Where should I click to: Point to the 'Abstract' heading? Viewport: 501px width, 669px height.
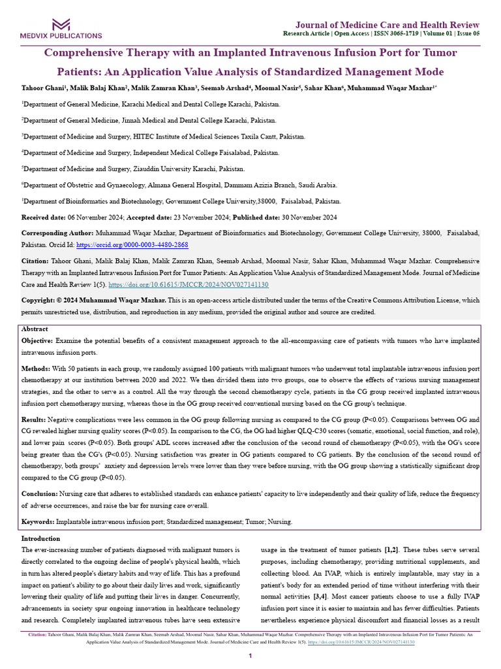click(x=35, y=329)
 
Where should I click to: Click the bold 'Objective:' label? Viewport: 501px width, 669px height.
click(x=37, y=341)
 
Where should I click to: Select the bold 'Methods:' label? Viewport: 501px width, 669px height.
click(x=36, y=369)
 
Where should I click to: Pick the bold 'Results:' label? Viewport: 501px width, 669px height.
click(x=35, y=419)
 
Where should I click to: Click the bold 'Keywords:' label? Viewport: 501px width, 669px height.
click(x=38, y=522)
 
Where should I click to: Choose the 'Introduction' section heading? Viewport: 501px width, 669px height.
click(x=40, y=538)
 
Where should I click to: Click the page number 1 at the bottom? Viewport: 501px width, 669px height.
click(x=250, y=655)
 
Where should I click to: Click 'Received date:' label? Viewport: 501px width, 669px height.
click(x=45, y=217)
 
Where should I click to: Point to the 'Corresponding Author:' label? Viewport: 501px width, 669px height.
click(x=57, y=233)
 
